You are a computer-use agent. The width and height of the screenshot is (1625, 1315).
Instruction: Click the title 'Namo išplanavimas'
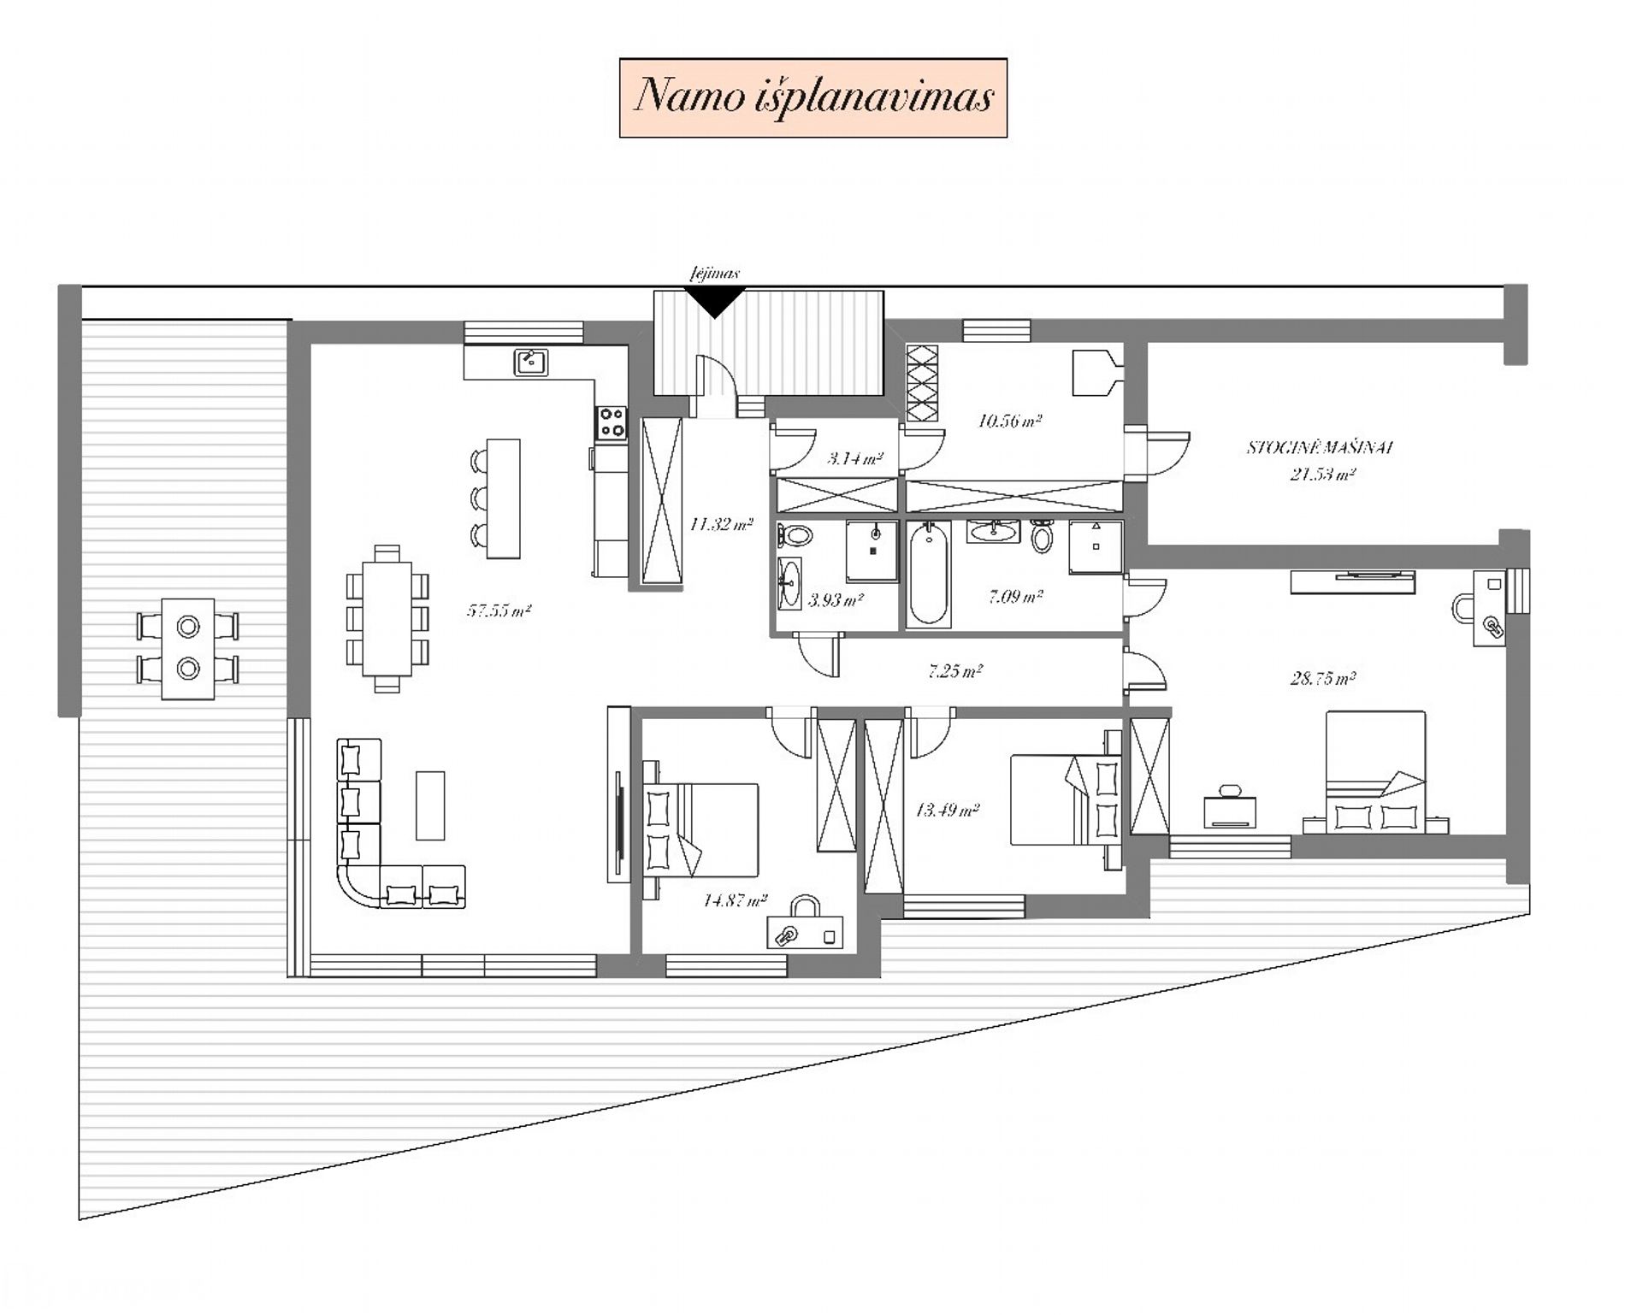point(812,96)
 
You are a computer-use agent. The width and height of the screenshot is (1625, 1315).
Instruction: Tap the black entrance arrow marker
point(715,301)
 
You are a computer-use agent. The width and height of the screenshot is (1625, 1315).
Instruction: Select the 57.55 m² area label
point(499,610)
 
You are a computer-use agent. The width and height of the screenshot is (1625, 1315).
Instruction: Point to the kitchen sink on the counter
point(531,363)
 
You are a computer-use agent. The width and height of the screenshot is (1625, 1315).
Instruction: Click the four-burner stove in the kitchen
point(612,422)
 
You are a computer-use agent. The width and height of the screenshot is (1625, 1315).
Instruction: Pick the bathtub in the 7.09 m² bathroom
point(928,574)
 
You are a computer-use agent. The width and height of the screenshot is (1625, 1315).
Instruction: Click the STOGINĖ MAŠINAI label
point(1321,447)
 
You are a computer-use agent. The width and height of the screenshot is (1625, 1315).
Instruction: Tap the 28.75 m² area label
point(1322,679)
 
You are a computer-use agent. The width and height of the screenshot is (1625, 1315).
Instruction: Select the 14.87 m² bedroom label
point(735,899)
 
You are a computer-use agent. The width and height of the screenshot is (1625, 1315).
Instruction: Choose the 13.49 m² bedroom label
point(947,810)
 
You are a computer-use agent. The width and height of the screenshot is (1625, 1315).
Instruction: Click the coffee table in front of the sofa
point(430,805)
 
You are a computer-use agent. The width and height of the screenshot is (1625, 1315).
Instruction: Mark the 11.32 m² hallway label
point(721,524)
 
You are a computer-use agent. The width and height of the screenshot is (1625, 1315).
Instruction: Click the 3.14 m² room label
point(854,458)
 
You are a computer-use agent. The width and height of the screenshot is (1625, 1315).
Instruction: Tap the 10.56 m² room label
point(1009,421)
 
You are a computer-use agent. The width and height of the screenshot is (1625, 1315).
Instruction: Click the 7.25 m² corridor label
point(955,671)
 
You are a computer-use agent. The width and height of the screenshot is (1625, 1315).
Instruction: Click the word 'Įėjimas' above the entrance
point(715,274)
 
